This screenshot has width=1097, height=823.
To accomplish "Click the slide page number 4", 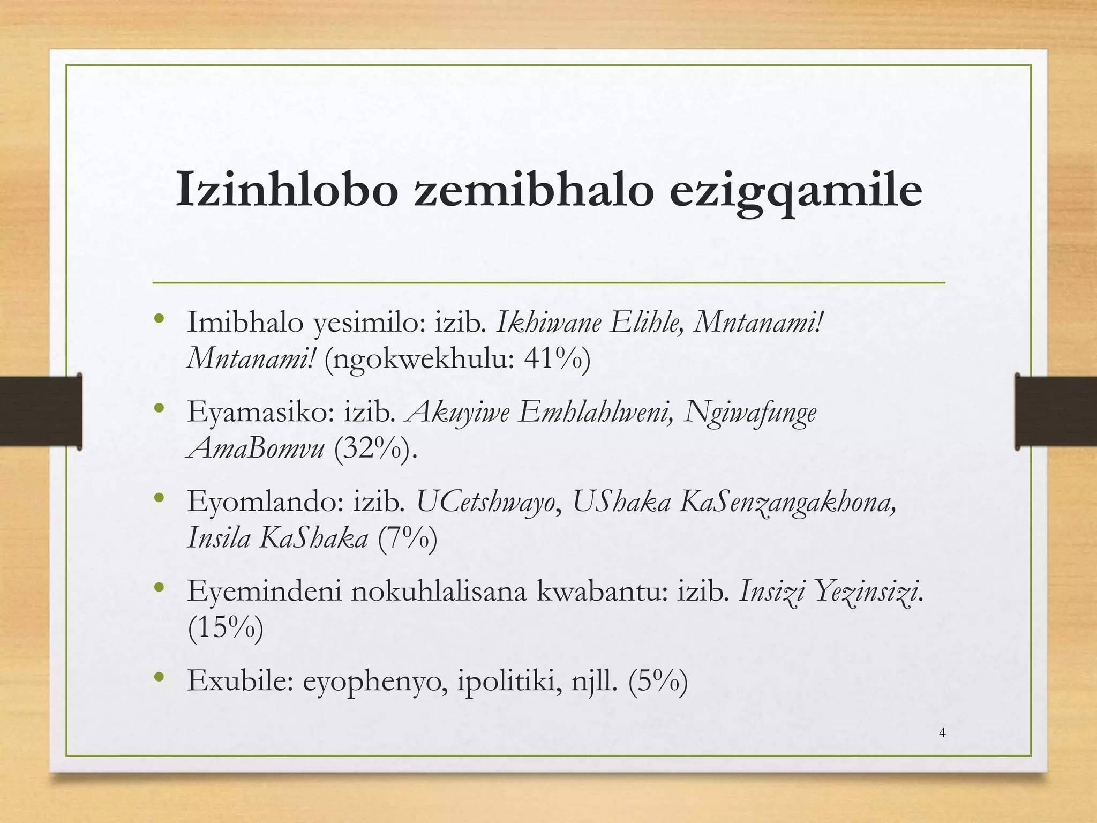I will (942, 733).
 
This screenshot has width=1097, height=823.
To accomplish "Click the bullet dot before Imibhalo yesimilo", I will (158, 319).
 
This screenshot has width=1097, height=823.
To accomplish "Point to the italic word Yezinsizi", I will (865, 592).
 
